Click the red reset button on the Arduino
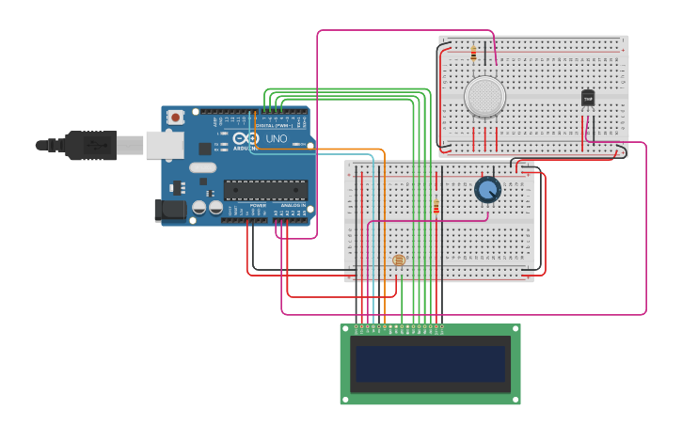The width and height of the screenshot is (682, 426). click(x=175, y=118)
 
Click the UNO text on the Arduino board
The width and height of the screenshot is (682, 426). click(x=277, y=139)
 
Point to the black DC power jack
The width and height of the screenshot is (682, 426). click(x=169, y=210)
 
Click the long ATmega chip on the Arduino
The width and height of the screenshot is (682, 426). click(x=264, y=190)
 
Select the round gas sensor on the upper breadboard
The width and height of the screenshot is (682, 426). click(x=484, y=97)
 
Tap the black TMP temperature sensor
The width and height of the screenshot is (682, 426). click(x=588, y=98)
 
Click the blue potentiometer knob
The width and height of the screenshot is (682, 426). click(x=487, y=190)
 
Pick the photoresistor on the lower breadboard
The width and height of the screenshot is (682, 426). click(x=398, y=260)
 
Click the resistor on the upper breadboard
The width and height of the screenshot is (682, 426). click(x=472, y=55)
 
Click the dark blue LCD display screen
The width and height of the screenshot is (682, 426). click(x=430, y=364)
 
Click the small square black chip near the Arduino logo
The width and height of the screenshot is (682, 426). click(x=204, y=149)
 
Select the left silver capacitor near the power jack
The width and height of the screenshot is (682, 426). click(x=198, y=207)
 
